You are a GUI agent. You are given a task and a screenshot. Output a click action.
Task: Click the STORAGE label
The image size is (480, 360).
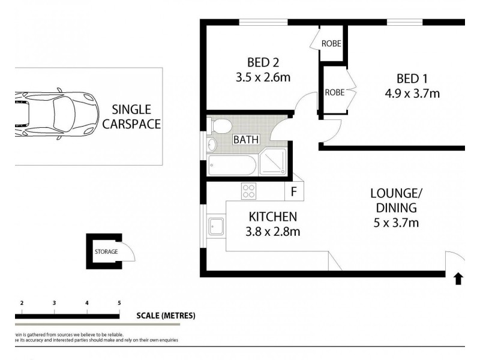tap(106, 251)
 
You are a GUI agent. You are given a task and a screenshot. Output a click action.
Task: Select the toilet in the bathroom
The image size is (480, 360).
tap(221, 127)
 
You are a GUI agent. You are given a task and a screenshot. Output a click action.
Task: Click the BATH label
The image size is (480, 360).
tap(246, 140)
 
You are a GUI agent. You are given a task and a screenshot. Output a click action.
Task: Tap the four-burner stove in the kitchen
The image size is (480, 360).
tap(249, 192)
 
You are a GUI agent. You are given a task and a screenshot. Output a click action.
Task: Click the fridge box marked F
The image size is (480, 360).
tap(294, 192)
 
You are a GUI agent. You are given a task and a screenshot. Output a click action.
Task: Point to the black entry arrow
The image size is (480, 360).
tap(458, 278)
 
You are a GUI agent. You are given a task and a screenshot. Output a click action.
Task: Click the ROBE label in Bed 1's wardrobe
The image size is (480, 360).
tap(334, 92)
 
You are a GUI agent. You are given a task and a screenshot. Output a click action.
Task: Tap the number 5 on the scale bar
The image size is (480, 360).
tap(119, 303)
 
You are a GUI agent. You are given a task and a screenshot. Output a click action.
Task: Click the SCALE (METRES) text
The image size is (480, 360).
tap(166, 316)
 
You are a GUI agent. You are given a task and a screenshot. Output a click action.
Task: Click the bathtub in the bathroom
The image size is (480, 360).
tap(231, 165)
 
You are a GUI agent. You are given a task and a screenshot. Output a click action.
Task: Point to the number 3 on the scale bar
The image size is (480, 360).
tap(55, 303)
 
